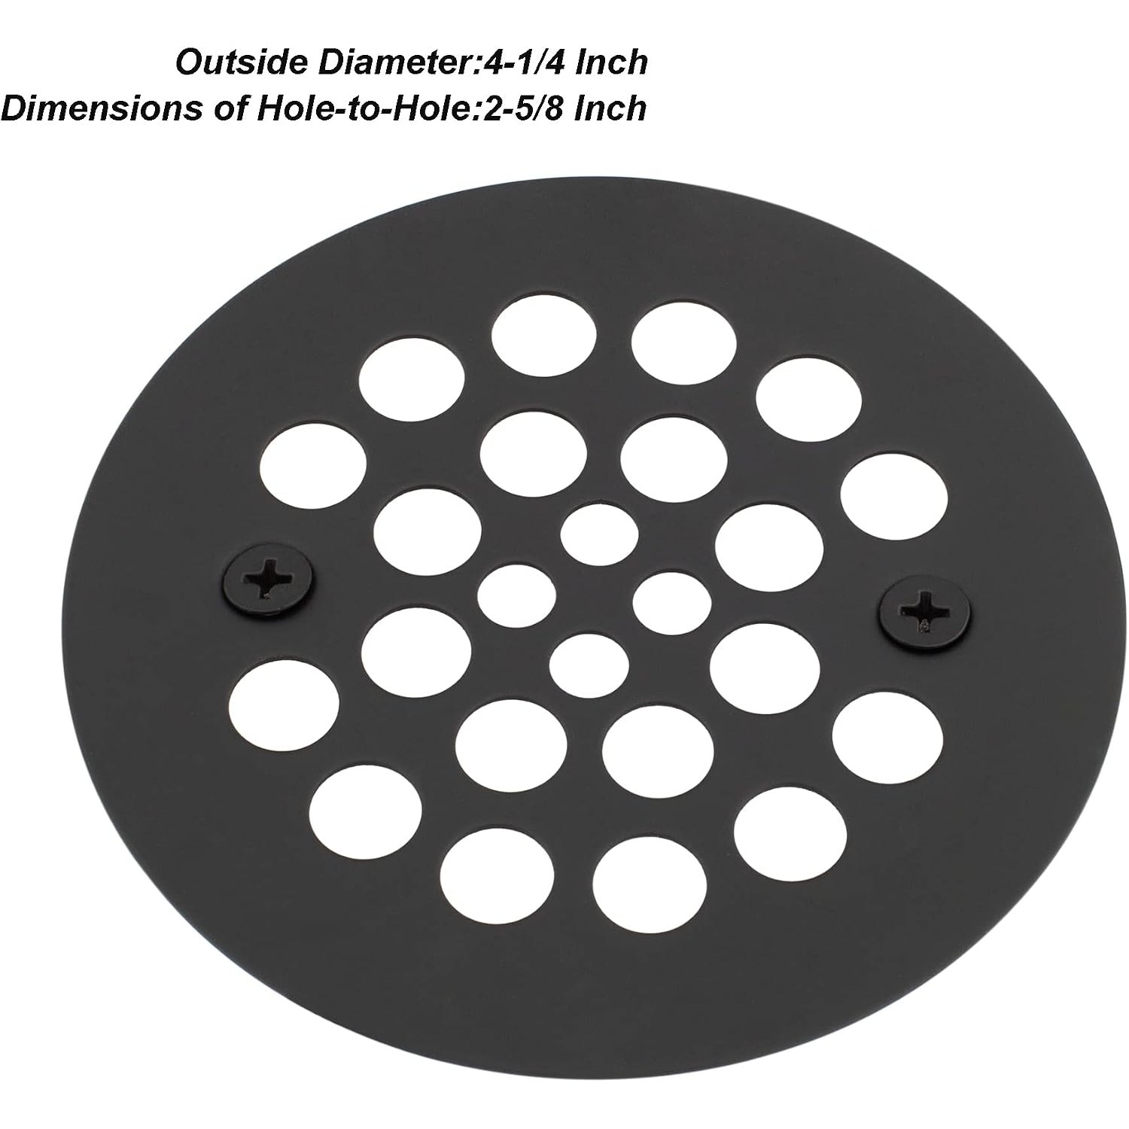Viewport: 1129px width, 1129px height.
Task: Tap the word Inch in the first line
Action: pos(611,62)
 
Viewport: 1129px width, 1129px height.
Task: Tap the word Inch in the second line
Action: pos(610,108)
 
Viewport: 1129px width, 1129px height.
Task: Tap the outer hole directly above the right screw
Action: pos(894,496)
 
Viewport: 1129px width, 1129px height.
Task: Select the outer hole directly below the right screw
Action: pos(888,735)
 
